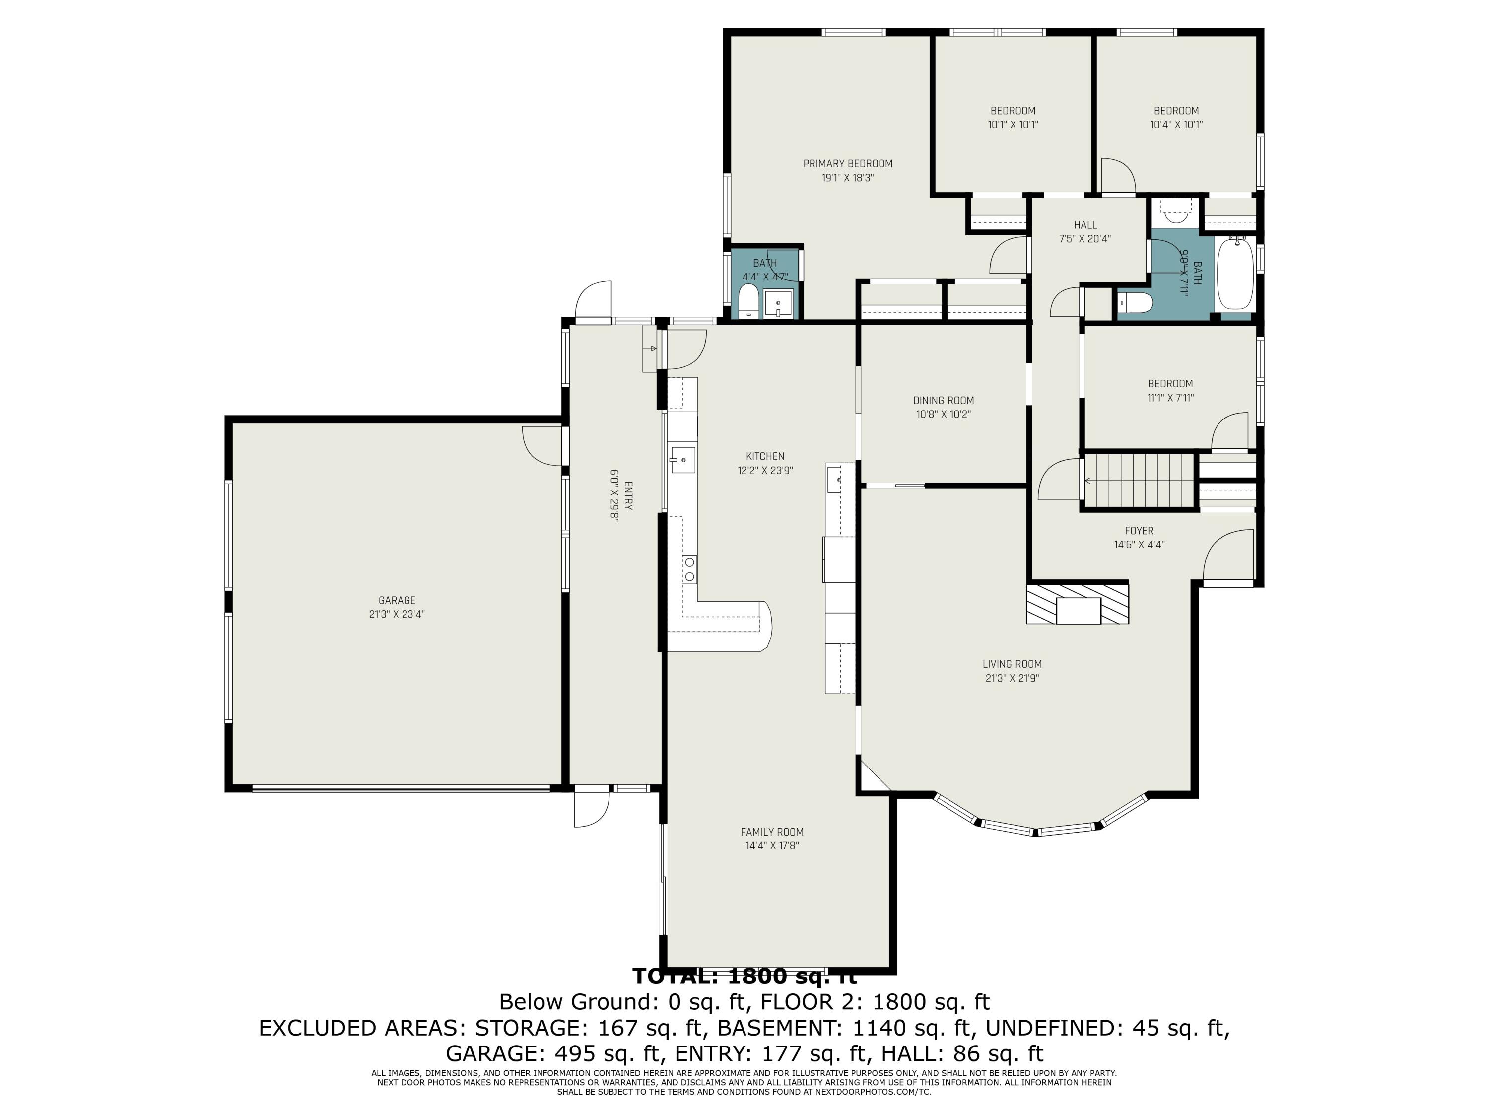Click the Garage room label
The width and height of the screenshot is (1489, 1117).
pos(397,600)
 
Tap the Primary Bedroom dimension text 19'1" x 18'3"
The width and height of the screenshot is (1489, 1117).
pos(848,178)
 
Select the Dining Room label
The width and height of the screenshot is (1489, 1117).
pos(943,401)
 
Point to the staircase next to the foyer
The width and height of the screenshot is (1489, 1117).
pos(1138,480)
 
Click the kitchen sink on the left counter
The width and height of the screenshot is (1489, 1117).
pos(682,460)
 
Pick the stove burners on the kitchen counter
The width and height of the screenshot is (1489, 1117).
pos(689,569)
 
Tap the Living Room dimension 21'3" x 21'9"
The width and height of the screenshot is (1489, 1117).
pos(1012,679)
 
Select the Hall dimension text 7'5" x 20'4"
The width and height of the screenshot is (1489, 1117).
pos(1084,239)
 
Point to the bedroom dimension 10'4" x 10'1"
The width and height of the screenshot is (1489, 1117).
pos(1176,125)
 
